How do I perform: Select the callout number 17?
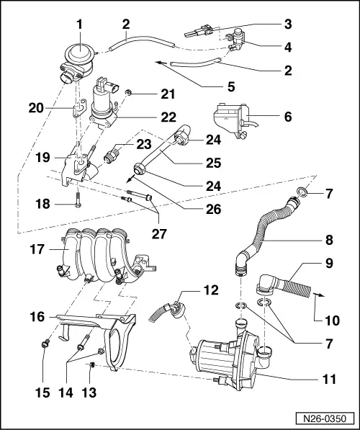(35, 252)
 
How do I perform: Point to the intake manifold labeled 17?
(101, 256)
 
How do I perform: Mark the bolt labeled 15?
(45, 343)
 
